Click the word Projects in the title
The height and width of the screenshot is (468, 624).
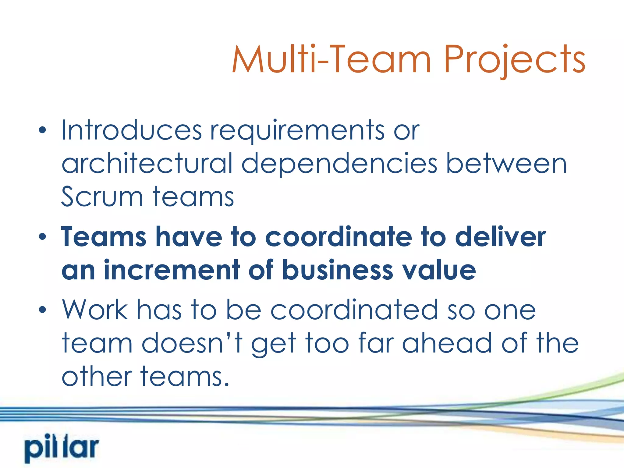coord(514,60)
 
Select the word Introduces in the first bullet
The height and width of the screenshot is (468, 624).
coord(131,130)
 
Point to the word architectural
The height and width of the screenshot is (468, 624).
coord(147,164)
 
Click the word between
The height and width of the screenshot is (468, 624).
coord(506,164)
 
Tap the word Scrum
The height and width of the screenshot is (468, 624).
coord(102,197)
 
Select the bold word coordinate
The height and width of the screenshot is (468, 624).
coord(339,237)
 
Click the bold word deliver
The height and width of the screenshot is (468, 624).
coord(500,237)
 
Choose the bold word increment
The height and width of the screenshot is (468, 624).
coord(172,270)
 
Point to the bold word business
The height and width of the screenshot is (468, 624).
coord(338,270)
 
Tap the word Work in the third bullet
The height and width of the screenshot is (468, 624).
coord(95,310)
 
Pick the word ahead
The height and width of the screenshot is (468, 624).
coord(447,343)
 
